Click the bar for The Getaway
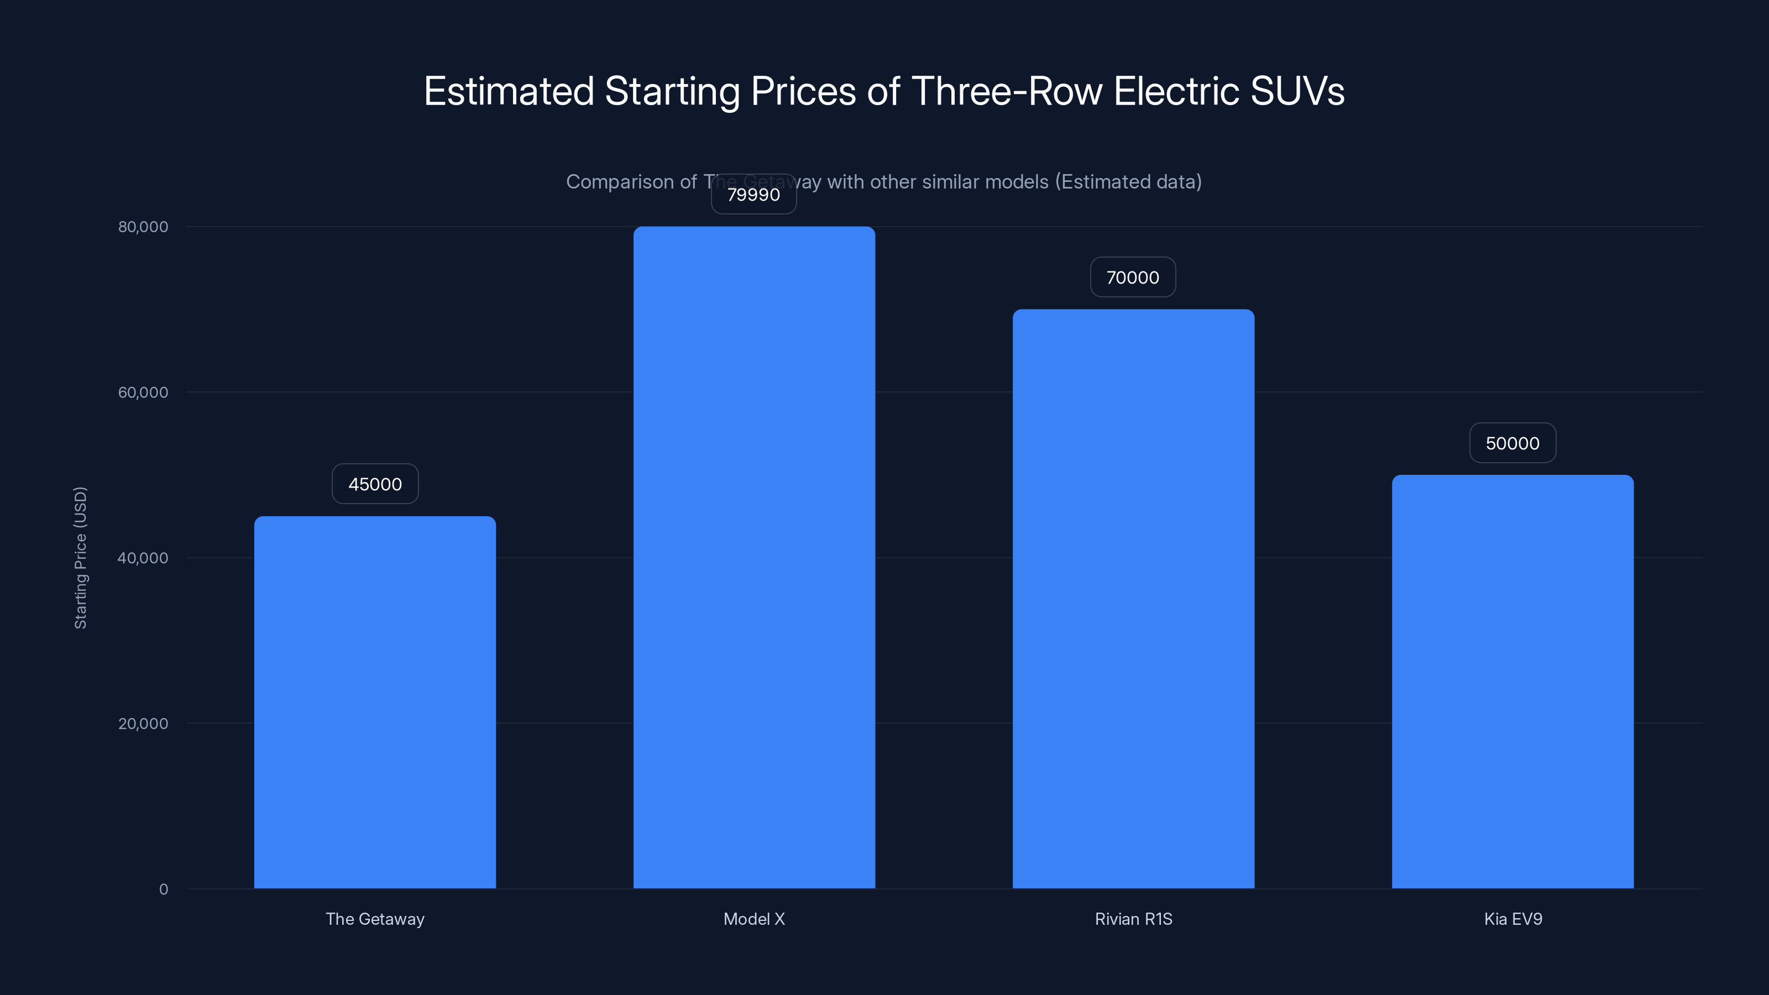pyautogui.click(x=375, y=702)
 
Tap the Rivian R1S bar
pyautogui.click(x=1133, y=598)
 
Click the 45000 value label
pyautogui.click(x=375, y=484)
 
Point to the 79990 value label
pyautogui.click(x=753, y=195)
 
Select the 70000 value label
pyautogui.click(x=1132, y=277)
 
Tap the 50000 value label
pyautogui.click(x=1512, y=443)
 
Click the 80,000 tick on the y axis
pyautogui.click(x=143, y=227)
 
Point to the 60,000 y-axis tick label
pyautogui.click(x=143, y=392)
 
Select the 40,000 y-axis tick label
pyautogui.click(x=143, y=558)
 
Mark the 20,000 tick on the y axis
pyautogui.click(x=143, y=723)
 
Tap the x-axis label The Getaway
pyautogui.click(x=375, y=919)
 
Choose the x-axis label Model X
pyautogui.click(x=754, y=919)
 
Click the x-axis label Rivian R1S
pyautogui.click(x=1133, y=919)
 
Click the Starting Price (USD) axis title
pyautogui.click(x=80, y=558)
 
